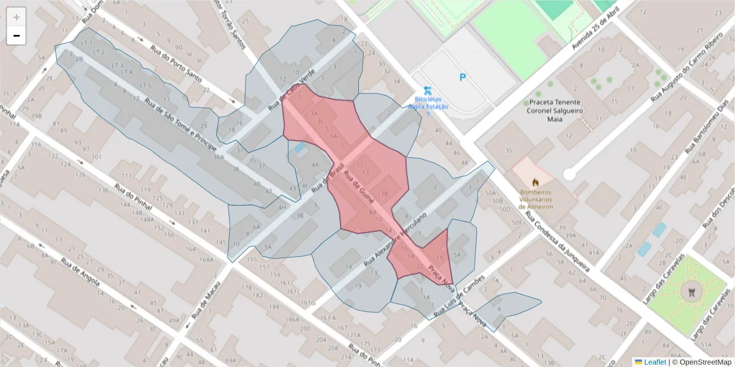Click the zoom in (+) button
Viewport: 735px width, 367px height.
click(17, 17)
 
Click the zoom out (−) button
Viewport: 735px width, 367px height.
click(17, 36)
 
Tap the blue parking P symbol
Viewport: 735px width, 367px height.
click(462, 78)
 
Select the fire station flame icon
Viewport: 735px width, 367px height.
click(536, 182)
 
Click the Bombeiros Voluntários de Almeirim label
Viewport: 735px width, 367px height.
click(536, 199)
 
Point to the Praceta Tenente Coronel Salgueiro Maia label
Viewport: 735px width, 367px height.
click(556, 111)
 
